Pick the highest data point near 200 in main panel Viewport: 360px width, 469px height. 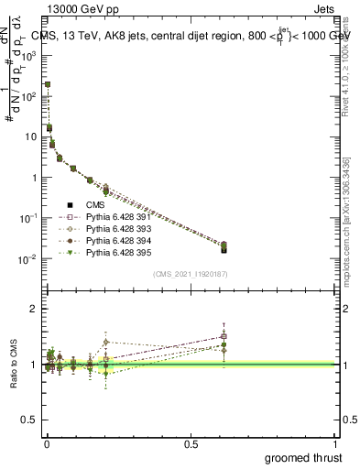pos(47,84)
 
